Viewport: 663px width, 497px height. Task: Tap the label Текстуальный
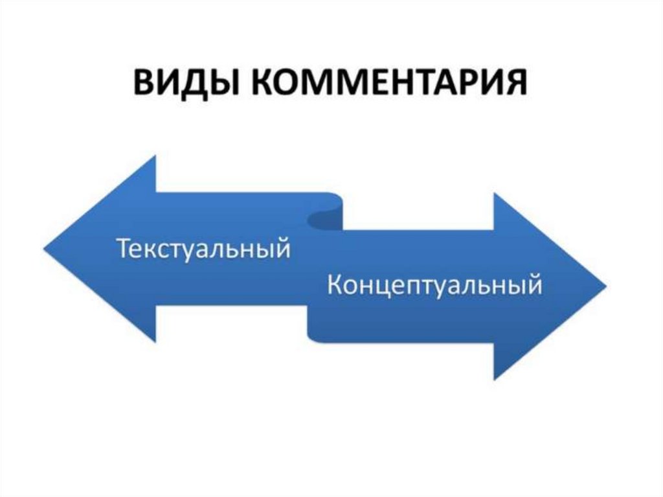pyautogui.click(x=203, y=249)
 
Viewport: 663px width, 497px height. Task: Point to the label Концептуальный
pyautogui.click(x=434, y=285)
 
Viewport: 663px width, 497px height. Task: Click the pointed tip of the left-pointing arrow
pyautogui.click(x=45, y=248)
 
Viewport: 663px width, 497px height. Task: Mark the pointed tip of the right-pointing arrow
pyautogui.click(x=605, y=286)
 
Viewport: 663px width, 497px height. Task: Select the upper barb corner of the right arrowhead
pyautogui.click(x=494, y=192)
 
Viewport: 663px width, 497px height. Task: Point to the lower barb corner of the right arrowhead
pyautogui.click(x=494, y=379)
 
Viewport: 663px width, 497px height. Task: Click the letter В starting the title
pyautogui.click(x=144, y=84)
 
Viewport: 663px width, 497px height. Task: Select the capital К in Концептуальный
pyautogui.click(x=335, y=285)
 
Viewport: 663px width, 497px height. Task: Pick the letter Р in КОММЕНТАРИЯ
pyautogui.click(x=469, y=84)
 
